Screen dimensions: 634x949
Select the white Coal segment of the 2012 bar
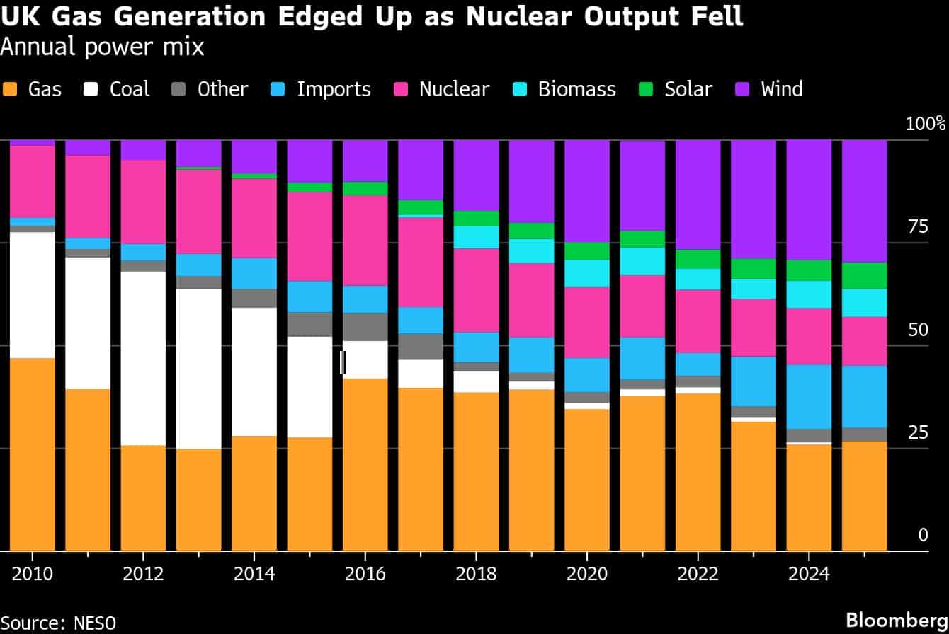pyautogui.click(x=143, y=358)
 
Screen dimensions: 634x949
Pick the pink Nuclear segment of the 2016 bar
pyautogui.click(x=365, y=240)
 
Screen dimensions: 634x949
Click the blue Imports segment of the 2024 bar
pyautogui.click(x=809, y=396)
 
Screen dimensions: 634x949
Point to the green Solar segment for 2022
pyautogui.click(x=698, y=259)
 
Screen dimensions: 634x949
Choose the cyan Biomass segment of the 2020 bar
pyautogui.click(x=586, y=273)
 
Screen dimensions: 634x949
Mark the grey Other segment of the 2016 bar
pyautogui.click(x=365, y=327)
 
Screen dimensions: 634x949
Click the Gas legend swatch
pyautogui.click(x=10, y=90)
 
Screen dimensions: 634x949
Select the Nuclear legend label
pyautogui.click(x=454, y=90)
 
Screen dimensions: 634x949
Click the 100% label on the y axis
pyautogui.click(x=925, y=125)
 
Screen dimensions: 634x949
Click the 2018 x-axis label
pyautogui.click(x=476, y=573)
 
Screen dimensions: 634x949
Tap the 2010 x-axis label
pyautogui.click(x=32, y=573)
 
